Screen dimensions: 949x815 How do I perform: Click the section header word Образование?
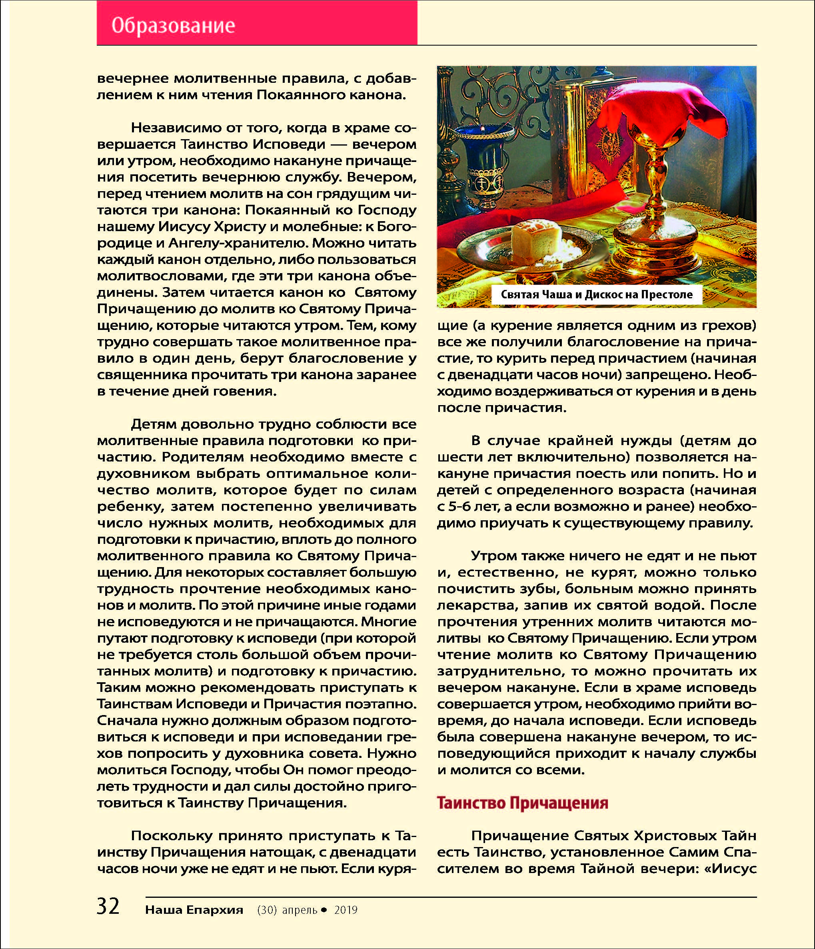[173, 26]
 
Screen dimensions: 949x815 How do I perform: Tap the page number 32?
[108, 906]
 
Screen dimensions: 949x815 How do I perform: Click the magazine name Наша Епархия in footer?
[194, 910]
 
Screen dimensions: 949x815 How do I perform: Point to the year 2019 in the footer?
[346, 910]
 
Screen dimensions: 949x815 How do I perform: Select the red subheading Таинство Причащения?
[522, 803]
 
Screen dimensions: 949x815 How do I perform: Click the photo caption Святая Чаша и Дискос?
[597, 294]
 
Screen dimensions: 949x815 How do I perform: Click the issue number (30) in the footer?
[267, 910]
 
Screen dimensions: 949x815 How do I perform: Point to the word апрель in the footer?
[300, 910]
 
